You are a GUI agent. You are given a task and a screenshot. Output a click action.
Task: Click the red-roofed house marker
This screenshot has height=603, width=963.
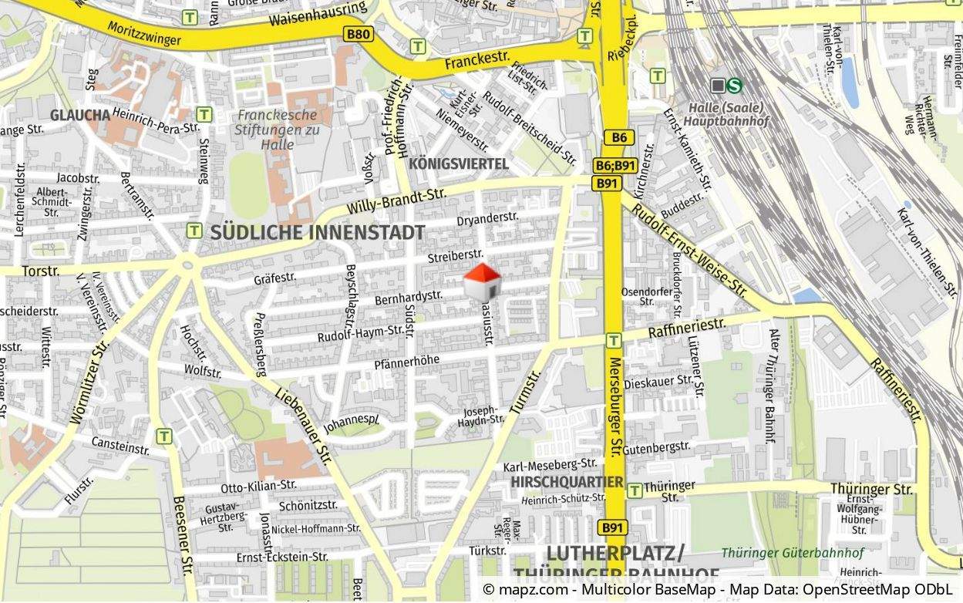(x=482, y=281)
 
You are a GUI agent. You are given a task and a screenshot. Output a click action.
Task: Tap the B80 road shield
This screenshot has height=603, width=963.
(x=359, y=34)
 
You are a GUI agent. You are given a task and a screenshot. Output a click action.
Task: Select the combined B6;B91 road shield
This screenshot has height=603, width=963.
(x=615, y=166)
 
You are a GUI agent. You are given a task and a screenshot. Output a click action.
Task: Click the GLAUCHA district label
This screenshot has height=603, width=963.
(x=80, y=115)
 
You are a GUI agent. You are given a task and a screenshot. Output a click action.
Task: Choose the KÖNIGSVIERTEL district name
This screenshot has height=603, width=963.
(x=459, y=163)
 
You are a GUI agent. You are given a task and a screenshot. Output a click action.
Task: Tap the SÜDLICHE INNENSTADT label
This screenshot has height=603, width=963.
(x=317, y=232)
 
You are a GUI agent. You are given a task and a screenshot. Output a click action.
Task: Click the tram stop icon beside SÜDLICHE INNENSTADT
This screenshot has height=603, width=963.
(x=194, y=231)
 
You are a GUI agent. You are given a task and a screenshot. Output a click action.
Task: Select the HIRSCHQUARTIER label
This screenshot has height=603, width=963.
(x=567, y=482)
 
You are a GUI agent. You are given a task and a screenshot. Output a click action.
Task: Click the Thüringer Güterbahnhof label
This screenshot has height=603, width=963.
(x=793, y=553)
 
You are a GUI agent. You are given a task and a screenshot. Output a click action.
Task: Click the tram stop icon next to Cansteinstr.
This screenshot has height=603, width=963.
(x=164, y=436)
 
